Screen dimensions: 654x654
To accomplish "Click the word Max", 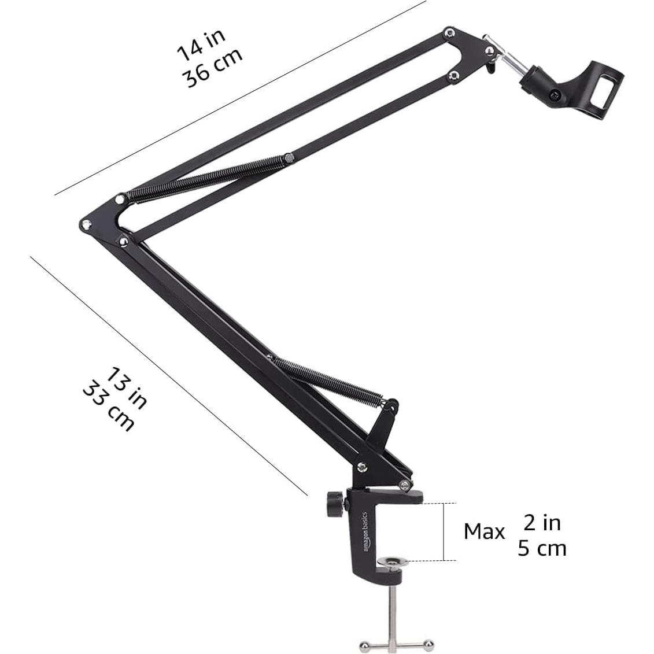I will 484,531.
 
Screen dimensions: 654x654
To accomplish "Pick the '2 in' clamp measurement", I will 542,523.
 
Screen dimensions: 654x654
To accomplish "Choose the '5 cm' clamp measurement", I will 542,548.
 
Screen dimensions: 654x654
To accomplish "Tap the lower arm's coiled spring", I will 329,379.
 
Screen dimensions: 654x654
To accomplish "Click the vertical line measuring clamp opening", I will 444,531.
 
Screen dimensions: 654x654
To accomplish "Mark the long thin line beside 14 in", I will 243,98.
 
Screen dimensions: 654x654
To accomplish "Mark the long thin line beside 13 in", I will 168,376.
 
